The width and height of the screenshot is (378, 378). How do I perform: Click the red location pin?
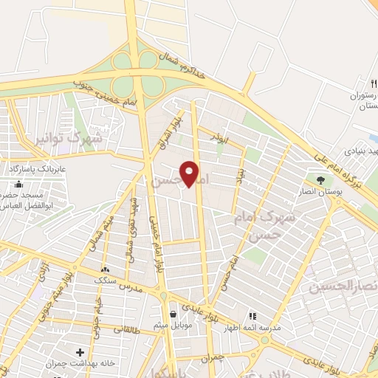[190, 173]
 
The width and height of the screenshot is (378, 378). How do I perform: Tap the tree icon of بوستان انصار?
[320, 179]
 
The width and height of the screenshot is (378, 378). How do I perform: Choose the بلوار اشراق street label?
[165, 132]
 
